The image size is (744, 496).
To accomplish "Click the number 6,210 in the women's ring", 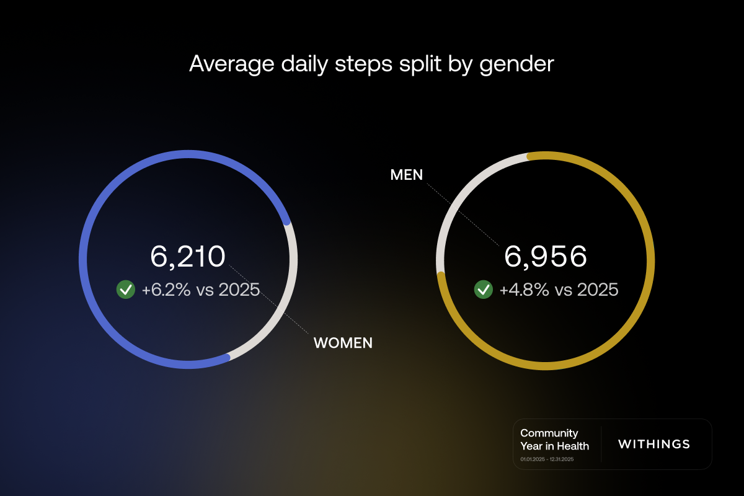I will tap(188, 257).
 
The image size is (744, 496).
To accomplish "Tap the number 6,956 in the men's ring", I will tap(546, 257).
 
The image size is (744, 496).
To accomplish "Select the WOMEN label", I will tap(343, 343).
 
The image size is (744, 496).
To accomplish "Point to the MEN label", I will tap(407, 175).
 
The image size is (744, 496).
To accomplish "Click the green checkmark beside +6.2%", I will tap(126, 289).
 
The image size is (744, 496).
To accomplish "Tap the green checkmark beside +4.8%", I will tap(484, 289).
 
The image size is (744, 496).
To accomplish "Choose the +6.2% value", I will tap(166, 289).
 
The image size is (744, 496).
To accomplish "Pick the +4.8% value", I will tap(524, 289).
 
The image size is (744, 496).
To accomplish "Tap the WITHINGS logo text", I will tap(654, 444).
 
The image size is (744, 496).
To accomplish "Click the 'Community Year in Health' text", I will tap(554, 439).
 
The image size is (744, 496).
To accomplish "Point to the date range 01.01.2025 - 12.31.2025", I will tap(547, 459).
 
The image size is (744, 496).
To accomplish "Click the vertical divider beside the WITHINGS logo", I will tap(601, 444).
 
